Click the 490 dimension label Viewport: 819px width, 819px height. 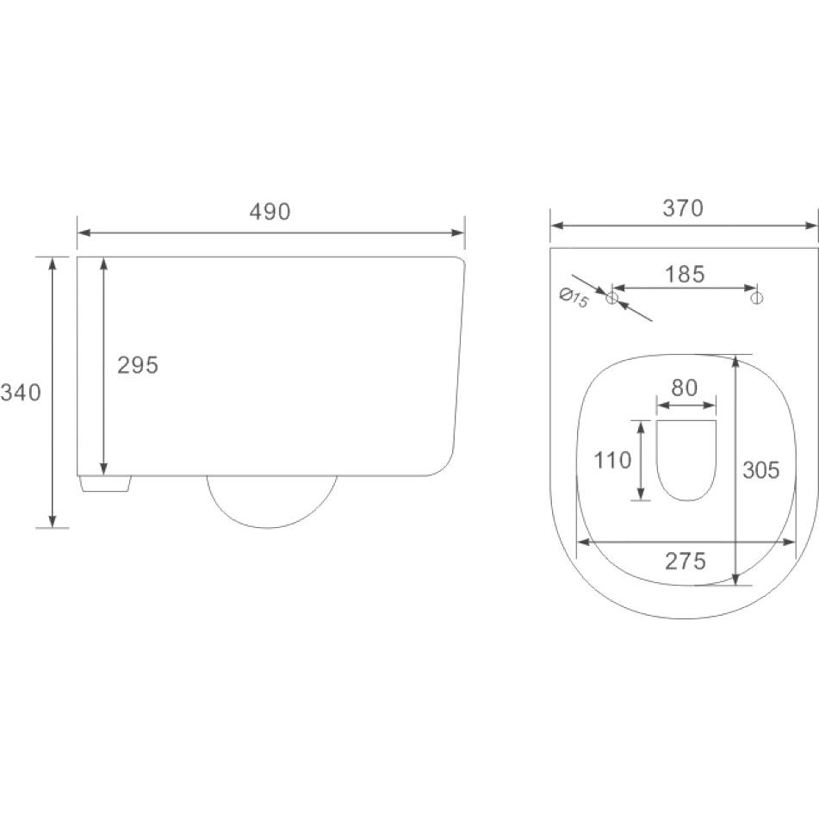[x=270, y=212]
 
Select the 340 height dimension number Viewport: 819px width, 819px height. [x=21, y=392]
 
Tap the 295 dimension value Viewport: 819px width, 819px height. [x=138, y=365]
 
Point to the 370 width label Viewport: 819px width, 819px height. [x=683, y=208]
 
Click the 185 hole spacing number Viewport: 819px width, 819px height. [x=685, y=274]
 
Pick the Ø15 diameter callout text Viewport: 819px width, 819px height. [x=574, y=298]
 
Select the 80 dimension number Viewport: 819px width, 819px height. [x=685, y=388]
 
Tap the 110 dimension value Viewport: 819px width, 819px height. [x=612, y=460]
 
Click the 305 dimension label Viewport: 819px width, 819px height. [x=761, y=470]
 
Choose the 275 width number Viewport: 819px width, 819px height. [x=686, y=561]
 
